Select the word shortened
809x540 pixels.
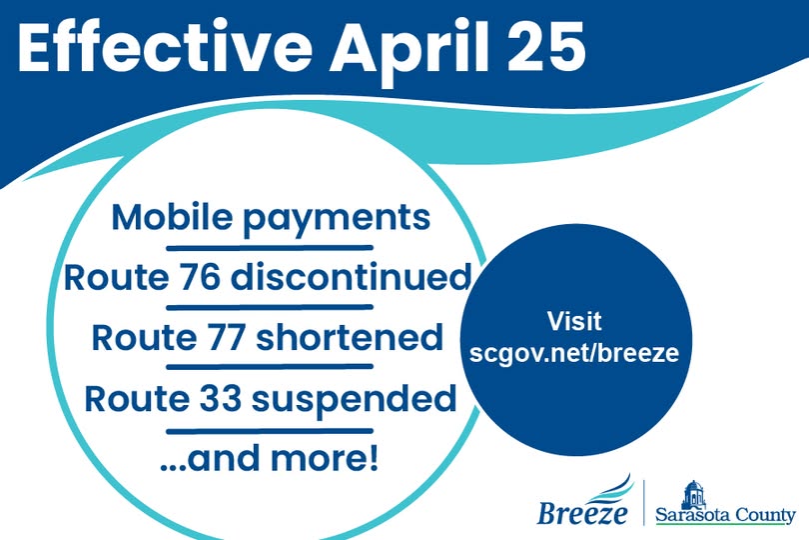click(x=349, y=337)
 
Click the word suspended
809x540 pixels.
click(x=354, y=399)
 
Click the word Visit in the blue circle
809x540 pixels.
click(x=574, y=323)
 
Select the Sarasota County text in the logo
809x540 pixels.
click(x=725, y=516)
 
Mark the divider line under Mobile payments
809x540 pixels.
click(x=269, y=246)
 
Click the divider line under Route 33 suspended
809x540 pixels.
click(x=269, y=430)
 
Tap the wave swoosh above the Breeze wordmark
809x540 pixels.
click(x=609, y=487)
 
